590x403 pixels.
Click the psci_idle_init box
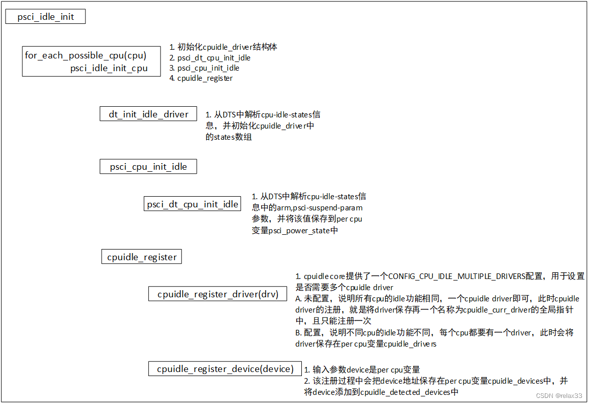point(45,17)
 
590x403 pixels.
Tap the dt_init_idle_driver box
point(148,114)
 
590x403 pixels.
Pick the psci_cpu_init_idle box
point(148,167)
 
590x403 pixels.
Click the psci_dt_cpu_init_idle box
point(192,204)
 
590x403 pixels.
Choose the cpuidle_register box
point(142,257)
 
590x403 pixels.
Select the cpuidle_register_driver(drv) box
point(218,294)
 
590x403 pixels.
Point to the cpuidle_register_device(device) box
point(225,369)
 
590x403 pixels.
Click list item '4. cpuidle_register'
point(201,78)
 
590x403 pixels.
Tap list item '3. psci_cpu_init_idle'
point(204,68)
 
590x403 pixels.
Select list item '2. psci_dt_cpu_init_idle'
point(210,58)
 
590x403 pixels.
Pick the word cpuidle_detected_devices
point(406,392)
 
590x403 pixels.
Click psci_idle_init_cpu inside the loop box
point(109,68)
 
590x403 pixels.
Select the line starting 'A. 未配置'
point(437,298)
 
